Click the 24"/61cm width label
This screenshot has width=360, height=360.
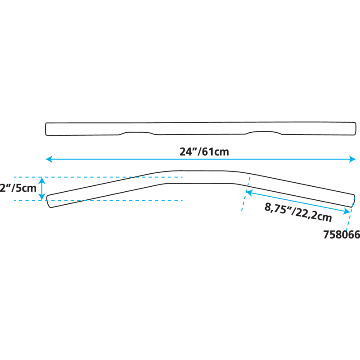click(x=204, y=152)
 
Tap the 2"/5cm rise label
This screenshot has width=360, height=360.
click(x=18, y=189)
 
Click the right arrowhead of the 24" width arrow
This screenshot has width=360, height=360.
click(x=353, y=159)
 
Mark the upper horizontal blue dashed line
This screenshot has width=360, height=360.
click(x=112, y=177)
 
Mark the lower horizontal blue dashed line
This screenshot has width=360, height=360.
click(x=112, y=200)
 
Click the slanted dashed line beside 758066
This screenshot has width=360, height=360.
click(x=349, y=220)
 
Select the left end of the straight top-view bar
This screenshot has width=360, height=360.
click(x=46, y=129)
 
